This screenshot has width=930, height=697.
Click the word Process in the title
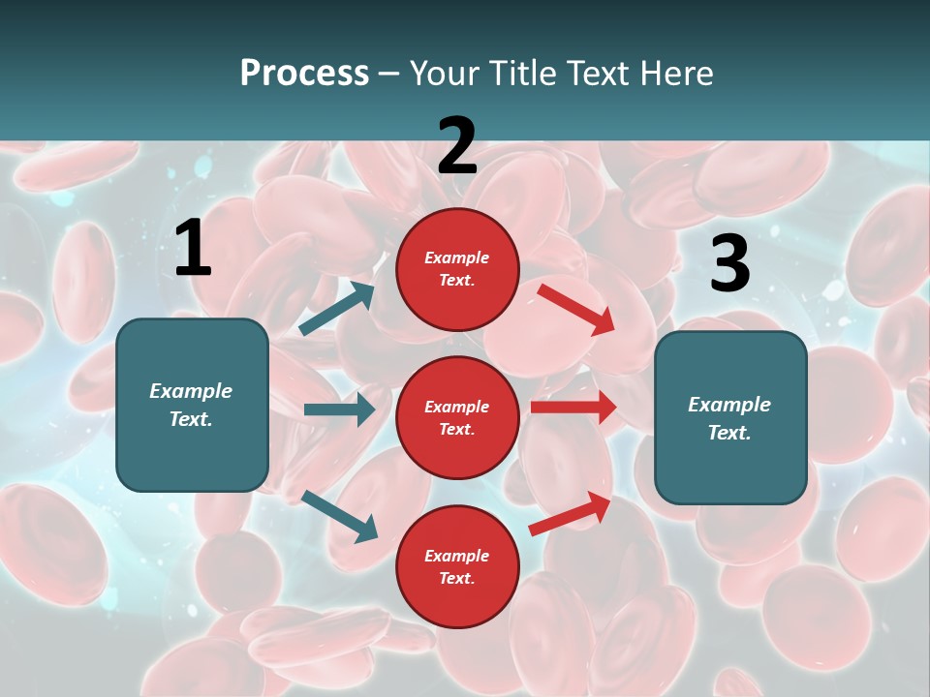coord(304,73)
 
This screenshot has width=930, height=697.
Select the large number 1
coord(193,249)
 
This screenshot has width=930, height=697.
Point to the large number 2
coord(457,146)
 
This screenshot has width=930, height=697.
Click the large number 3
coord(729,263)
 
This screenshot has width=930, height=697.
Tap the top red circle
coord(457,269)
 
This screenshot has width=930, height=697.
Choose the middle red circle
coord(457,417)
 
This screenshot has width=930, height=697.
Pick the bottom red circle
coord(457,566)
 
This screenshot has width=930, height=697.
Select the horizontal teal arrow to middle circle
coord(339,409)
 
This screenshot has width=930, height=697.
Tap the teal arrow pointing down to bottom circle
coord(339,516)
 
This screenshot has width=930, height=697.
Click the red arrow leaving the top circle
coord(575,309)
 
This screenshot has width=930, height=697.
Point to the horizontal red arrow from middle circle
coord(573,408)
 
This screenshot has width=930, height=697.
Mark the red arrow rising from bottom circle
coord(570,514)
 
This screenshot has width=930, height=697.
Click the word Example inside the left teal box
coord(191,391)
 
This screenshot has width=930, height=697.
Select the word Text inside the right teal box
coord(728,433)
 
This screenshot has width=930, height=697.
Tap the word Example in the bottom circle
coord(457,556)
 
